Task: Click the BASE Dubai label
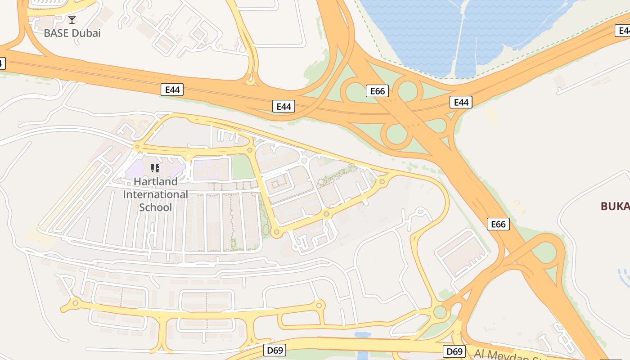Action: coord(72,33)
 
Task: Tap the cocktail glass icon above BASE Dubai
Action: coord(72,20)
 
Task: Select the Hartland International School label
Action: coord(155,194)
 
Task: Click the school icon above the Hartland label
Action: coord(155,168)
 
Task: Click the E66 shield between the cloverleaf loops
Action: coord(377,91)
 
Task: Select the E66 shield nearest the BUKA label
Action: coord(498,224)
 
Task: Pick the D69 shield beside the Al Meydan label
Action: coord(454,351)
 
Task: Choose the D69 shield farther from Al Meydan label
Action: coord(274,350)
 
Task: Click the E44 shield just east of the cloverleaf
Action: coord(461,103)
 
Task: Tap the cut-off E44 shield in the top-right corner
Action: coord(624,31)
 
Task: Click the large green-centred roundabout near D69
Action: coord(440,312)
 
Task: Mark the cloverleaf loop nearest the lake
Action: coord(407,90)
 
